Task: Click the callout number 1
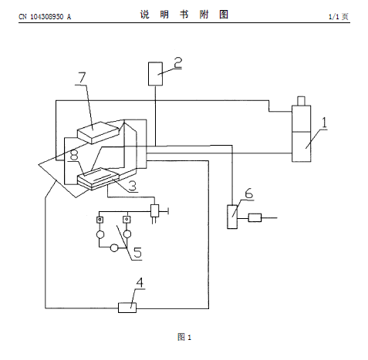(324, 123)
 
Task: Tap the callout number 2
(178, 62)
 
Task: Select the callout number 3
(133, 186)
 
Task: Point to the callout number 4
(139, 282)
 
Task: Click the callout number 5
(137, 252)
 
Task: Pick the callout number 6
(248, 193)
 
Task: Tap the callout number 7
(82, 78)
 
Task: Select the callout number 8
(74, 155)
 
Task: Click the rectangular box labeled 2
(155, 74)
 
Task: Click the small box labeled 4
(127, 308)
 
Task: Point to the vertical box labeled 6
(232, 217)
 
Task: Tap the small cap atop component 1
(301, 101)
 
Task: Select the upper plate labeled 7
(99, 133)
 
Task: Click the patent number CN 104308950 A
(45, 17)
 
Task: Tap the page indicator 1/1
(334, 17)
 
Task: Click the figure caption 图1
(184, 337)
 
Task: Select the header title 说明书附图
(184, 15)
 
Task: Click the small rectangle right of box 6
(255, 217)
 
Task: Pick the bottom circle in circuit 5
(114, 248)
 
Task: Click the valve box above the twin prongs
(154, 210)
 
